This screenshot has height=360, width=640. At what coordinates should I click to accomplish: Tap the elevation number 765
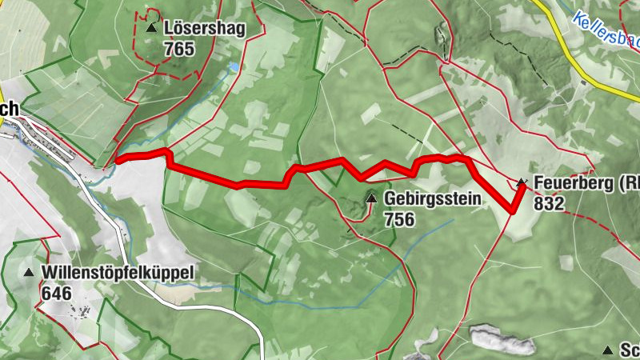click(179, 48)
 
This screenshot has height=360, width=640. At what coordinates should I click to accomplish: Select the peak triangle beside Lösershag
click(151, 28)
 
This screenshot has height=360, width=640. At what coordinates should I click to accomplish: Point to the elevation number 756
click(399, 218)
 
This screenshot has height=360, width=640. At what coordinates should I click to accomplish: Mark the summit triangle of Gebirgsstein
click(371, 198)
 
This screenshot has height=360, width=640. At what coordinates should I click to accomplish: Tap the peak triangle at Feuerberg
click(522, 183)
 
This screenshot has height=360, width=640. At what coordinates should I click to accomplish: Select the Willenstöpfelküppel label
click(118, 273)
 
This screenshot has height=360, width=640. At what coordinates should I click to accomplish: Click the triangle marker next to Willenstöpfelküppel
click(29, 273)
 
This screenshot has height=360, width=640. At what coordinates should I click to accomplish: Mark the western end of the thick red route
click(118, 160)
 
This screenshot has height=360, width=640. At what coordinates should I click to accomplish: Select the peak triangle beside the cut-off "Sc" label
click(608, 350)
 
